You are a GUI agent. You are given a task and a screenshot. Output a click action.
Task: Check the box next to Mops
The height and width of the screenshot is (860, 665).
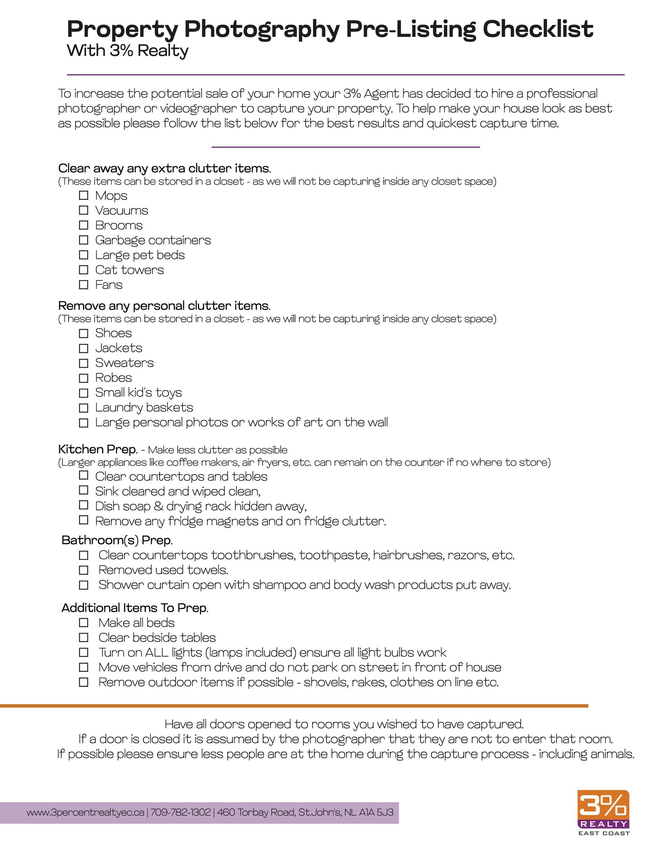(84, 195)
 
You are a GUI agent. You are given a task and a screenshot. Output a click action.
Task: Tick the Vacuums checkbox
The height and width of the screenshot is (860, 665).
(84, 210)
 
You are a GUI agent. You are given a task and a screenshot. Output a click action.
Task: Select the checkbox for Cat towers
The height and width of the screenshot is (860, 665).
(84, 270)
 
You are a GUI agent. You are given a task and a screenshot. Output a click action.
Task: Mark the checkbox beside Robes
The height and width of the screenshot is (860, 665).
(84, 378)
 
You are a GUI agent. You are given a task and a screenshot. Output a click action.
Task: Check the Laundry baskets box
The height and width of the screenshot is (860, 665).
(84, 408)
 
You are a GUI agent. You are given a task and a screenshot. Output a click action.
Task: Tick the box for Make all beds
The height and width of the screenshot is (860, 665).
(84, 623)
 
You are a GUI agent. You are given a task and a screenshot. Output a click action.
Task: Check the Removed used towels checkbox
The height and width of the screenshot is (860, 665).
(84, 570)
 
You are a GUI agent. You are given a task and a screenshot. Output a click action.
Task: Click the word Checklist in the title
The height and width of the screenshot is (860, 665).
(538, 29)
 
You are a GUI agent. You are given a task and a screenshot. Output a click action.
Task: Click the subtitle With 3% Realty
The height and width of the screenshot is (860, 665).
(127, 51)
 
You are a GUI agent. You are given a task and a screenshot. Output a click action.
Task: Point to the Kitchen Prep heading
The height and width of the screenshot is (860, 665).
(98, 449)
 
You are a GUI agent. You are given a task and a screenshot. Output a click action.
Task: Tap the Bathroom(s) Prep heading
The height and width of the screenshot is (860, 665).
(117, 540)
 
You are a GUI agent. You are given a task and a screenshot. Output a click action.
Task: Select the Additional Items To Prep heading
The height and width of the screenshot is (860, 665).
(135, 608)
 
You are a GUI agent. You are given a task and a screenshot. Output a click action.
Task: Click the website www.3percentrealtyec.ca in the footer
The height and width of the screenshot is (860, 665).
(85, 812)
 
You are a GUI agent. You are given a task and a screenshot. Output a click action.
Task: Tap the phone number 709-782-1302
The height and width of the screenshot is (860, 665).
(181, 812)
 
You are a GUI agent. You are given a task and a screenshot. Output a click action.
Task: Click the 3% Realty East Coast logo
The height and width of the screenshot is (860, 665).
(604, 812)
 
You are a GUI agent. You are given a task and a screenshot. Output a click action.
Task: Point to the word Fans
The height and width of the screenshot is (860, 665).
(109, 285)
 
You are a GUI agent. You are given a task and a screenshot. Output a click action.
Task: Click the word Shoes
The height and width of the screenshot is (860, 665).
(113, 333)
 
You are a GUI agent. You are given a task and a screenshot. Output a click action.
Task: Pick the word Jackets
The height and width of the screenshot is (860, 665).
(118, 348)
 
